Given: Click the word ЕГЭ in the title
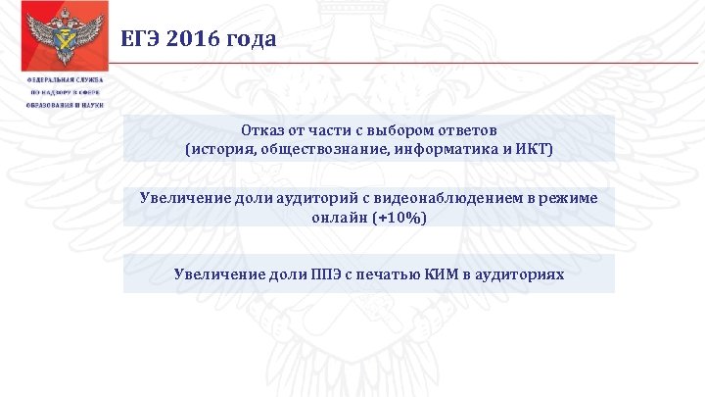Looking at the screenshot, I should click(x=140, y=39).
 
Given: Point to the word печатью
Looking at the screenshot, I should click(x=392, y=273).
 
